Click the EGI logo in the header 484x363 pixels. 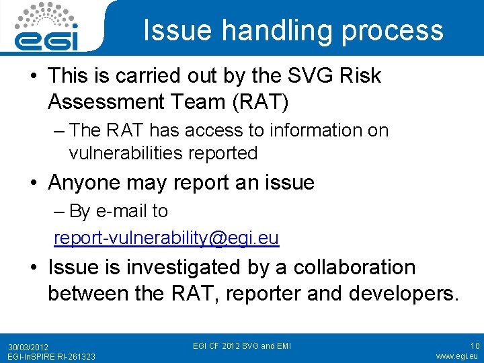click(48, 26)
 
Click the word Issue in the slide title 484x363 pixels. click(174, 30)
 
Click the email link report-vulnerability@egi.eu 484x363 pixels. click(167, 238)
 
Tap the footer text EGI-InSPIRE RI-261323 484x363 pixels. click(51, 356)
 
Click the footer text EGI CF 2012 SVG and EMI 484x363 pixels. click(242, 346)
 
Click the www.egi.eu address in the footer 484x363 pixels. click(457, 356)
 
